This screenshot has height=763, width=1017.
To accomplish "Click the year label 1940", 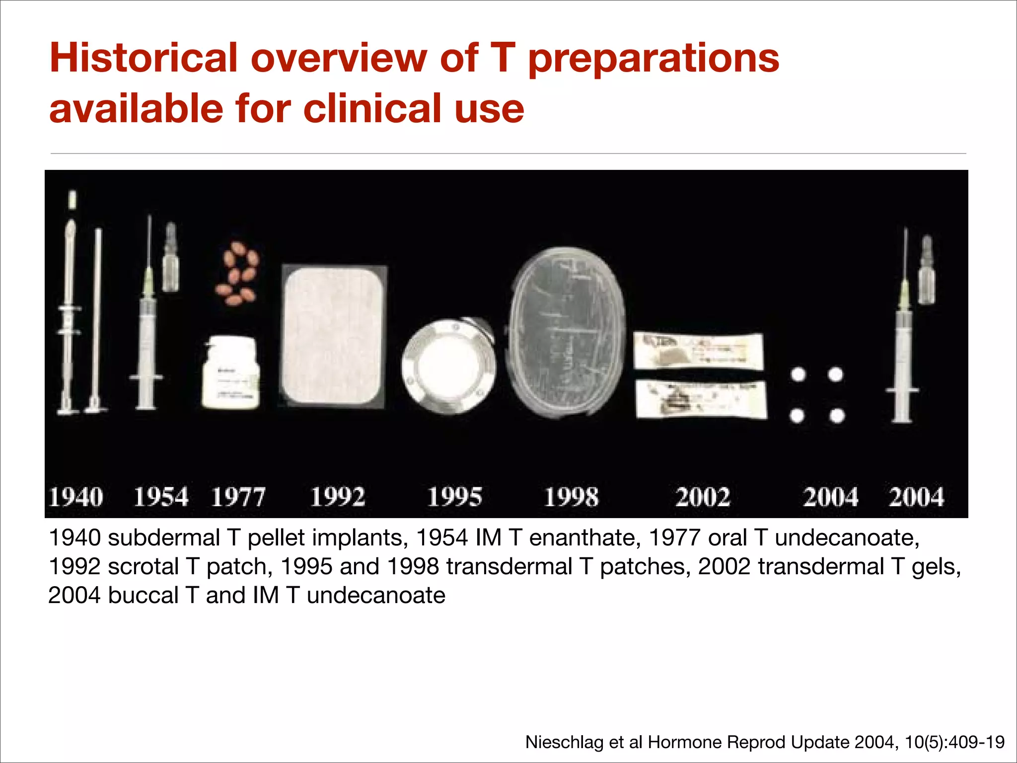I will [76, 497].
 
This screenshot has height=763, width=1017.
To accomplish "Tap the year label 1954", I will [161, 497].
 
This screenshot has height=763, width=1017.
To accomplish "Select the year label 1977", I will [238, 497].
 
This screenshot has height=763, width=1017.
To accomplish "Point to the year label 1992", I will [338, 497].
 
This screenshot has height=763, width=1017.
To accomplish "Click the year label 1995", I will [454, 497].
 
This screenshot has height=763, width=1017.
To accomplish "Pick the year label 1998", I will [571, 497].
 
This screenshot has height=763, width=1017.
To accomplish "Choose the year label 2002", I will [703, 497].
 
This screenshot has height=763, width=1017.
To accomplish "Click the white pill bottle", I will [230, 373].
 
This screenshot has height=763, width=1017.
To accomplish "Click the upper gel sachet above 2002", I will [698, 351].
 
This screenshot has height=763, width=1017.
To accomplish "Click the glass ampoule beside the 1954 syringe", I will [171, 257].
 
